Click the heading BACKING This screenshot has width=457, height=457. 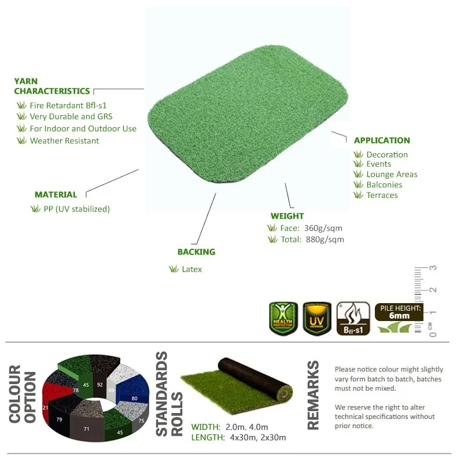click(x=197, y=252)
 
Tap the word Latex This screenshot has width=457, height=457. click(x=192, y=269)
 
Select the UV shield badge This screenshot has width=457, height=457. click(x=317, y=318)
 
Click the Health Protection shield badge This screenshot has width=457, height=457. click(x=283, y=318)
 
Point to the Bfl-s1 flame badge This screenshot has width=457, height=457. click(x=353, y=318)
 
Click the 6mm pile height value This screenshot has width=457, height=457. click(x=399, y=316)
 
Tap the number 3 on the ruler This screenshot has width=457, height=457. click(x=433, y=268)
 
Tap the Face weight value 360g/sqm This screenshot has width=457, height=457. click(x=323, y=228)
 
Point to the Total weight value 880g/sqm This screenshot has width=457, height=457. click(x=325, y=239)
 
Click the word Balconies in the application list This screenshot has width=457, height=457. click(x=384, y=185)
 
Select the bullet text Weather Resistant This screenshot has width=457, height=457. click(x=64, y=141)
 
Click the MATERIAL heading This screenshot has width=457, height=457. click(x=56, y=195)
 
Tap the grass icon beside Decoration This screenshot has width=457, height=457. click(x=358, y=154)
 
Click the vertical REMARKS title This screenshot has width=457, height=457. click(x=313, y=396)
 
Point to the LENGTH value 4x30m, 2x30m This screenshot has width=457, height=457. click(x=257, y=437)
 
